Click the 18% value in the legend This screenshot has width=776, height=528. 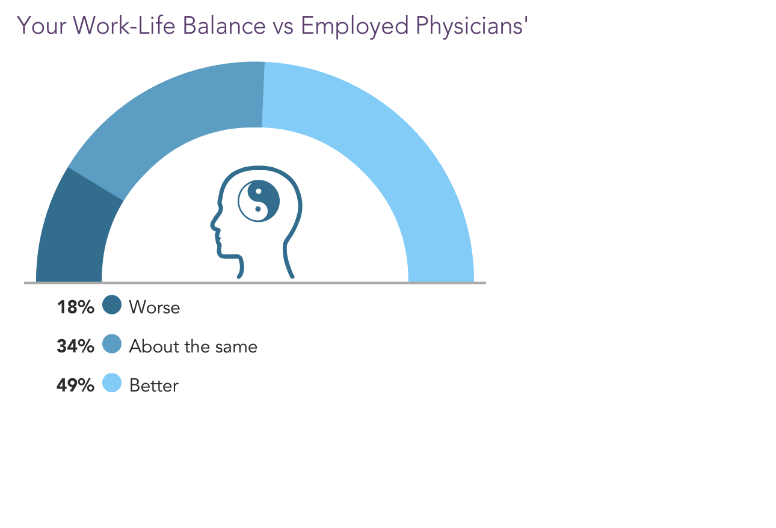click(x=75, y=307)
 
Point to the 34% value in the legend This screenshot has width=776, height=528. click(x=75, y=346)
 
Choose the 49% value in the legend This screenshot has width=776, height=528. click(x=75, y=385)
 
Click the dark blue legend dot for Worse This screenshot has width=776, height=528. click(x=112, y=305)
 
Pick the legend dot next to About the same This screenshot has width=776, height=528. click(x=112, y=344)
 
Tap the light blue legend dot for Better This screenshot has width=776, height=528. click(x=112, y=383)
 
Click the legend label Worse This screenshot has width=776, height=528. click(x=155, y=307)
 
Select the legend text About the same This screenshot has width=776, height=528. click(x=193, y=346)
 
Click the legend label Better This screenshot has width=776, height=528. click(x=154, y=385)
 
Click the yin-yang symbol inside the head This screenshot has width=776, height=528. click(x=259, y=201)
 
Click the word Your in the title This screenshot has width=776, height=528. click(x=42, y=26)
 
